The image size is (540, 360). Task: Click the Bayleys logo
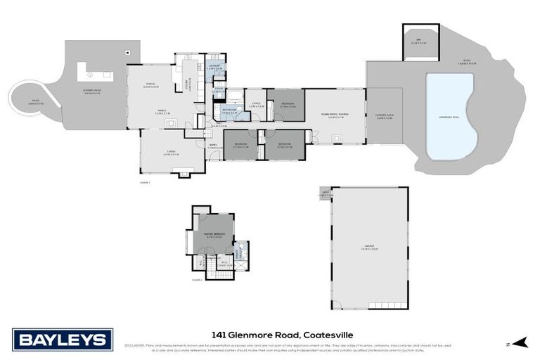pyautogui.click(x=63, y=340)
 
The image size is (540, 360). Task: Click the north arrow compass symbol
pyautogui.click(x=518, y=342)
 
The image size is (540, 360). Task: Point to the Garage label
pyautogui.click(x=369, y=247)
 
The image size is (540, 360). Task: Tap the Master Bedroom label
pyautogui.click(x=214, y=236)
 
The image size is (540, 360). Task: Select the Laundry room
pyautogui.click(x=214, y=67)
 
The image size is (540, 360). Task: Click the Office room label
pyautogui.click(x=256, y=106)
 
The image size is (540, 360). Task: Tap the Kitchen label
pyautogui.click(x=186, y=84)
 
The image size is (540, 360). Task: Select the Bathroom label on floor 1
pyautogui.click(x=229, y=111)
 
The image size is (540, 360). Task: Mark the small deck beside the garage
pyautogui.click(x=325, y=193)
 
